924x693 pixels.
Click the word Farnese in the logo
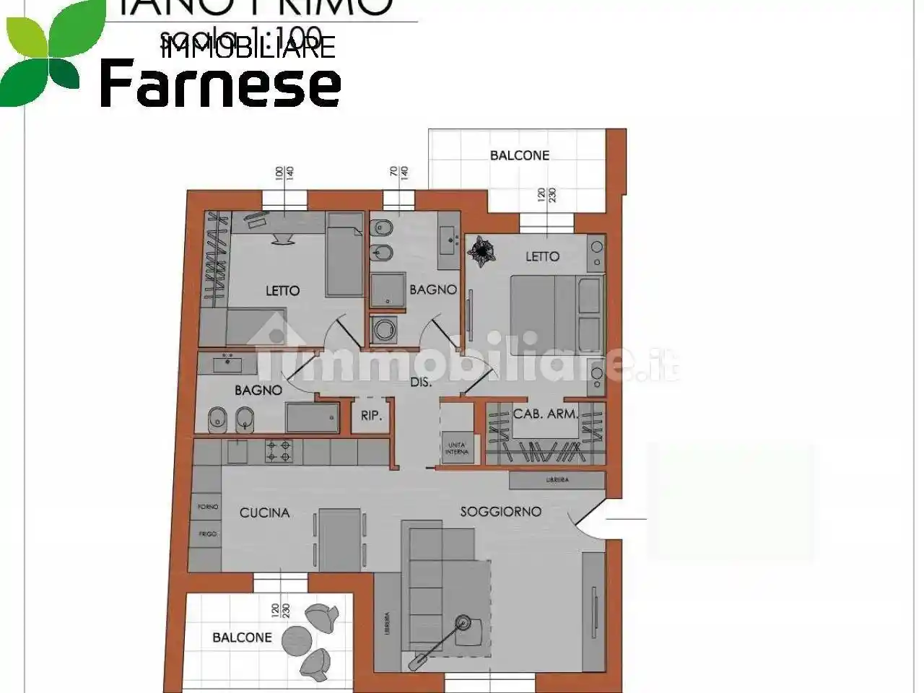pos(220,83)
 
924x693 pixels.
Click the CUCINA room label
pos(264,513)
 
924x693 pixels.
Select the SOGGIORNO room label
pos(500,512)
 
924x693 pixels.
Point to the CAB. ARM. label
pos(545,414)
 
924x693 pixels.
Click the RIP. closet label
pos(370,417)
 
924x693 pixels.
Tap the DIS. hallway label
pos(420,382)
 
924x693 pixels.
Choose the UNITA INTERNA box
pos(457,448)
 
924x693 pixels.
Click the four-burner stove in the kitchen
pos(279,451)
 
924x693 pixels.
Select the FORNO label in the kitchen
pos(208,507)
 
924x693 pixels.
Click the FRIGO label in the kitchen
pos(208,534)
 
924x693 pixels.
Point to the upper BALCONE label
pos(519,155)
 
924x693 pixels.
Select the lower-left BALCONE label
pos(242,637)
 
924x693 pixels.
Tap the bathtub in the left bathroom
pos(312,418)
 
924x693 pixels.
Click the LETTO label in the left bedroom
pos(282,290)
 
